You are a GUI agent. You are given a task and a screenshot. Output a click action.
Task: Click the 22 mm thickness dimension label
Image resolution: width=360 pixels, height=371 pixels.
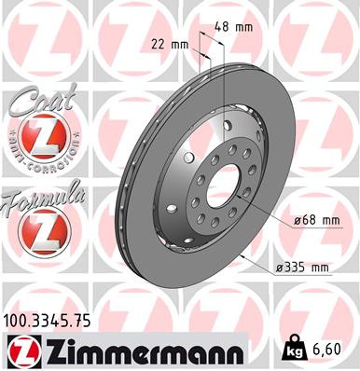[169, 44]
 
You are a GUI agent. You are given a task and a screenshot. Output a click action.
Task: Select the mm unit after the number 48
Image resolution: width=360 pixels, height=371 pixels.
[245, 27]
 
